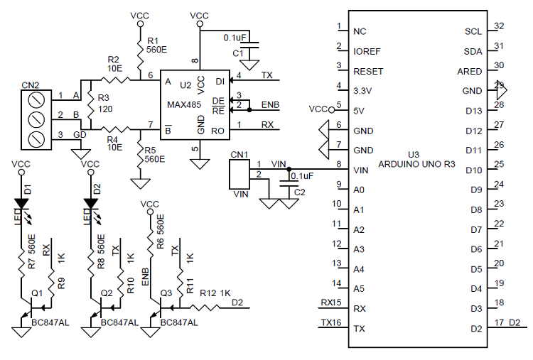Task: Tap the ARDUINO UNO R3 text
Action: (x=416, y=164)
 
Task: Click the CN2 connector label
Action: (x=31, y=84)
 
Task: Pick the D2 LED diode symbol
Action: (x=90, y=204)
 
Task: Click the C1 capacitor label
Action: (x=238, y=53)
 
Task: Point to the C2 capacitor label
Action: (x=299, y=192)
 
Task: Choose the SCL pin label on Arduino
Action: (x=473, y=31)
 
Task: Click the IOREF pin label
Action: (x=368, y=51)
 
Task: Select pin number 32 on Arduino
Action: (x=499, y=26)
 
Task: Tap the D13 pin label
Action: (x=473, y=111)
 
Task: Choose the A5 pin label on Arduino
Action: (x=360, y=288)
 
